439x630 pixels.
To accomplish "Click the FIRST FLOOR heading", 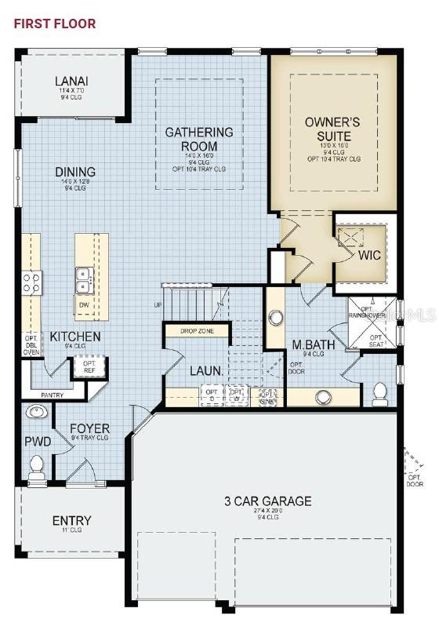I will point(54,24).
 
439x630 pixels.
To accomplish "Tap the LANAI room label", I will point(71,81).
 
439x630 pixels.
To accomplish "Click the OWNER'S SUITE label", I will point(332,129).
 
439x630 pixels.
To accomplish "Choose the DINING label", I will point(75,172).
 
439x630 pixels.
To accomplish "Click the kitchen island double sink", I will point(85,278).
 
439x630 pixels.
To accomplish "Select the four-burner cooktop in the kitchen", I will point(31,282).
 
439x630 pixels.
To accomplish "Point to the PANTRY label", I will point(53,395).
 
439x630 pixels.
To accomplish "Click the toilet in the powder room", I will point(36,468).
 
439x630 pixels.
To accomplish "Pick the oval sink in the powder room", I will point(35,412).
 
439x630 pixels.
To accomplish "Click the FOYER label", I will point(90,429).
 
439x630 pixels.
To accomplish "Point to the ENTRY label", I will point(72,520).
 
